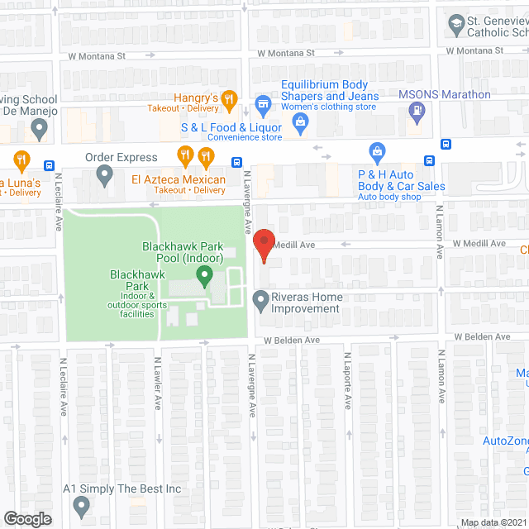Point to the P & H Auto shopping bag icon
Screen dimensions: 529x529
[378, 151]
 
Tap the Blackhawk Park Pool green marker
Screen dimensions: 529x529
[207, 274]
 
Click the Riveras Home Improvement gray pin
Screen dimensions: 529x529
[261, 300]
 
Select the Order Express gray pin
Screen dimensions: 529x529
[104, 175]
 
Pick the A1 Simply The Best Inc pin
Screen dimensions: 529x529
[81, 505]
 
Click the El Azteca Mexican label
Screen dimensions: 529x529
[178, 180]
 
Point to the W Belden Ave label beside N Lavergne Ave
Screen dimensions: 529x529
[292, 340]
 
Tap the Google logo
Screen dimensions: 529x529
[26, 518]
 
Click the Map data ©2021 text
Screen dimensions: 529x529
[493, 522]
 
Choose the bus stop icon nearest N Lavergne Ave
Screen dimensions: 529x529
[236, 162]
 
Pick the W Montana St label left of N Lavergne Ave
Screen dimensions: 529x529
[96, 56]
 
